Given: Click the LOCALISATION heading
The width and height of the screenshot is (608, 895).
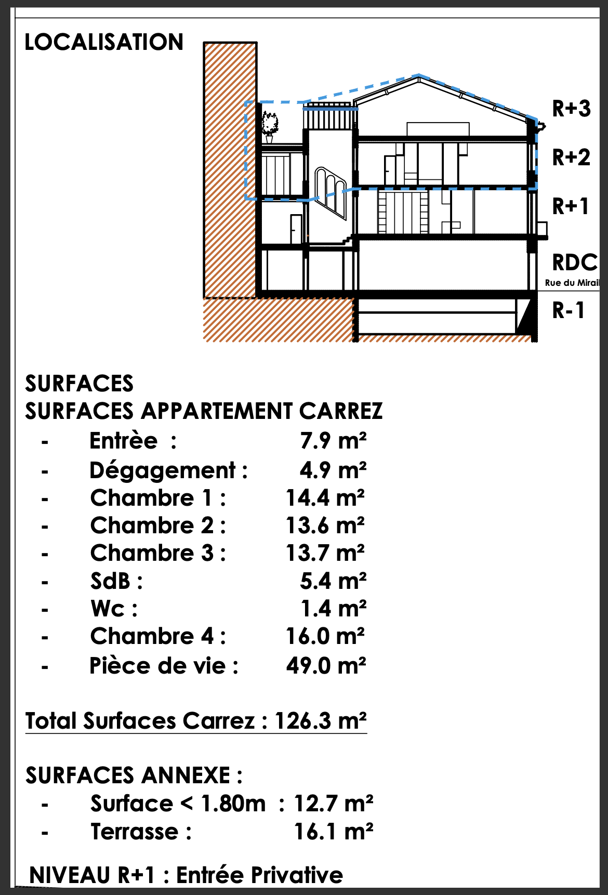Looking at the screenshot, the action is pyautogui.click(x=104, y=42).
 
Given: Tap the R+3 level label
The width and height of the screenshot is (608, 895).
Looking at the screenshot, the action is pyautogui.click(x=571, y=109).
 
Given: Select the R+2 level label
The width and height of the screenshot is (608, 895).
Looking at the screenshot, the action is pyautogui.click(x=571, y=157).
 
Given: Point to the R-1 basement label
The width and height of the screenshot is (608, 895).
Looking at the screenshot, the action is pyautogui.click(x=569, y=310).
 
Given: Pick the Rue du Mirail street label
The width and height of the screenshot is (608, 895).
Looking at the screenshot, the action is pyautogui.click(x=572, y=283).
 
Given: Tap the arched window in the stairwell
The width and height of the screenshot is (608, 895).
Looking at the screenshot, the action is pyautogui.click(x=331, y=193).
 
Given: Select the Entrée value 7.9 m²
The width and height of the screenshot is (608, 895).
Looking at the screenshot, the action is pyautogui.click(x=333, y=441).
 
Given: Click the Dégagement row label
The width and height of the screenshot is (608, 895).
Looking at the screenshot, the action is pyautogui.click(x=168, y=471).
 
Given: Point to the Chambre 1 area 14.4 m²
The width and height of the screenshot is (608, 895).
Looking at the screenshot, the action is pyautogui.click(x=325, y=498).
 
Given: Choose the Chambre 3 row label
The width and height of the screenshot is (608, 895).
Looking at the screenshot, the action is pyautogui.click(x=158, y=553).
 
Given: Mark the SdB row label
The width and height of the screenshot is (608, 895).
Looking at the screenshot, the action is pyautogui.click(x=116, y=581).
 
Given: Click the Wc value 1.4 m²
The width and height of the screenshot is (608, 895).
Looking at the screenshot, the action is pyautogui.click(x=334, y=608).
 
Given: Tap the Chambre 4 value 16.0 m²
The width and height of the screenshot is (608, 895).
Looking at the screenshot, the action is pyautogui.click(x=325, y=636).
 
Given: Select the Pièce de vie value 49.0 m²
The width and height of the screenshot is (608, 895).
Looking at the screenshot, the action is pyautogui.click(x=326, y=666).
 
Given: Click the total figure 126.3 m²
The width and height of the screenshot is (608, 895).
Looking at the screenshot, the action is pyautogui.click(x=320, y=721).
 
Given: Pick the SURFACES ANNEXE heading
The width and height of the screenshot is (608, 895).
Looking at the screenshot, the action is pyautogui.click(x=134, y=775).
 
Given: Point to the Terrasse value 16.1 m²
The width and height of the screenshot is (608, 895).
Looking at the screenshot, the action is pyautogui.click(x=334, y=832).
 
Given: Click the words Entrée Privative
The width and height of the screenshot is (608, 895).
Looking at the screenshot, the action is pyautogui.click(x=260, y=875).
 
